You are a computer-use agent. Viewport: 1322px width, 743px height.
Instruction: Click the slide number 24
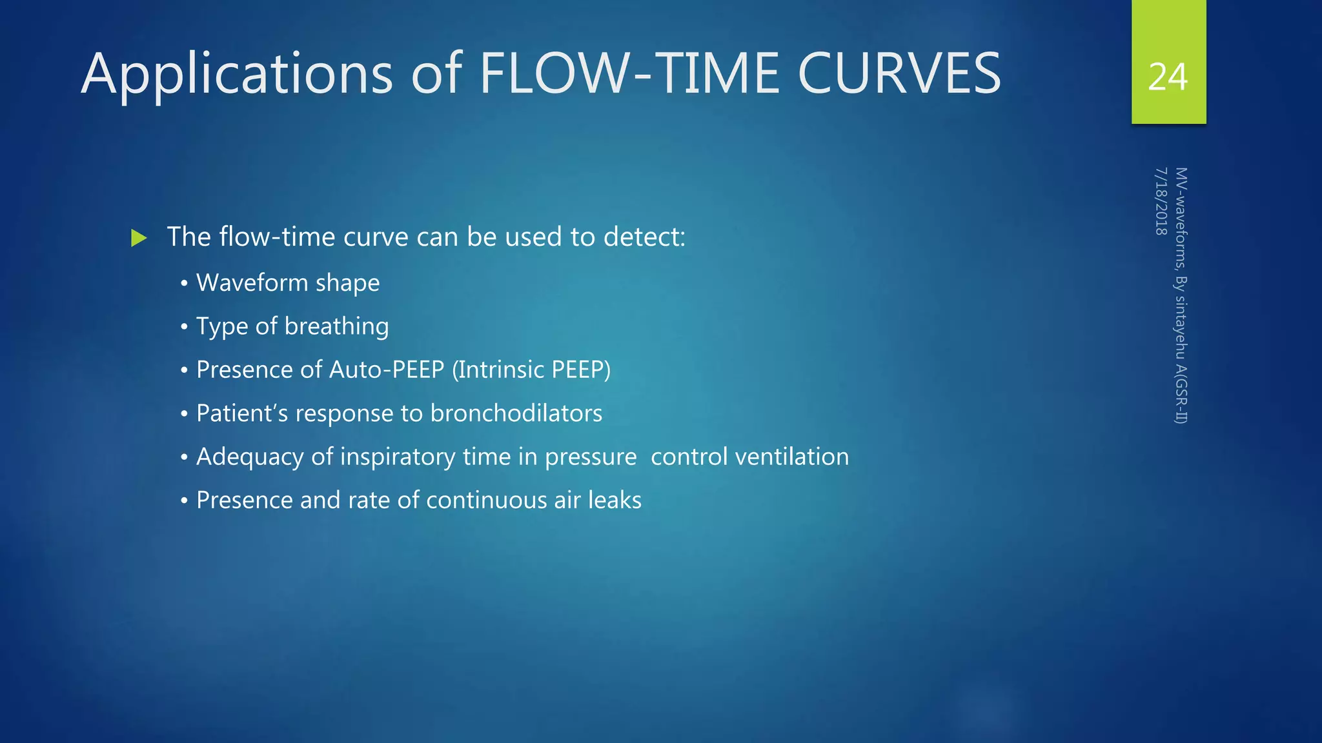coord(1168,77)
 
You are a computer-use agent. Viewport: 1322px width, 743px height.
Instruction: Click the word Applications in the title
coord(236,74)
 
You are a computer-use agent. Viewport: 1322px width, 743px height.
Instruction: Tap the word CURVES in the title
coord(899,74)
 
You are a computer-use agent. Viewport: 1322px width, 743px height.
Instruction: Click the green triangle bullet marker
coord(138,238)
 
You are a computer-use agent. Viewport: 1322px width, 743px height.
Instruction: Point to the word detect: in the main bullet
coord(644,237)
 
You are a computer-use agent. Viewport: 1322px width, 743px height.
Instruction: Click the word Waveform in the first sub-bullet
coord(252,282)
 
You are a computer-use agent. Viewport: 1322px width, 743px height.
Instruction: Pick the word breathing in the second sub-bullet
coord(336,326)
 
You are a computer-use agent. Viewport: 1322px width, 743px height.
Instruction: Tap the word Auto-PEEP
coord(387,370)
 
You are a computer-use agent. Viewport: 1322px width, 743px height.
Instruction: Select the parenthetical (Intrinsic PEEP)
coord(531,370)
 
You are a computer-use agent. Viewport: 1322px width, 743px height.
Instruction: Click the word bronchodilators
coord(516,413)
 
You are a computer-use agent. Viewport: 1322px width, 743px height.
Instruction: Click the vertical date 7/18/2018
coord(1161,201)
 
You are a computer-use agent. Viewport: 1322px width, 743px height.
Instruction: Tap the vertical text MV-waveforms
coord(1181,219)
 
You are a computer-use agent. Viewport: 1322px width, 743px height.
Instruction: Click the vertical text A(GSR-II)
coord(1181,393)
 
